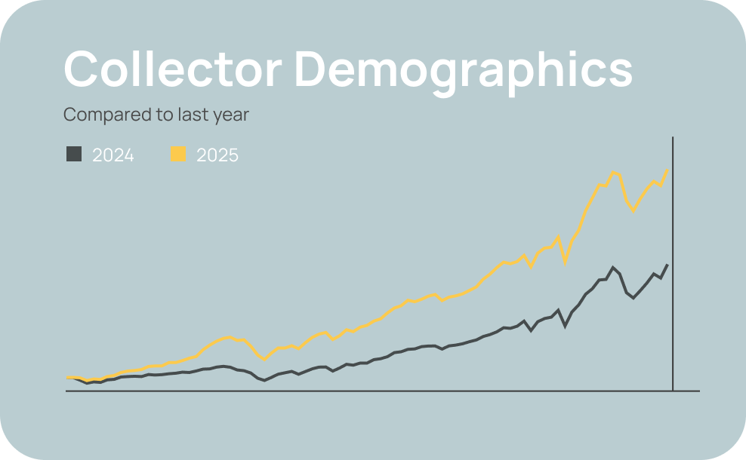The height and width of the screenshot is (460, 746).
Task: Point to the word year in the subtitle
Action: click(231, 115)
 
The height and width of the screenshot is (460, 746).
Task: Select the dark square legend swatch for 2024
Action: click(73, 155)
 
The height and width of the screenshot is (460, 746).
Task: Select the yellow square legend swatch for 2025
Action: click(177, 155)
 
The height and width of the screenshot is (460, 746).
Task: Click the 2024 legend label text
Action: click(113, 155)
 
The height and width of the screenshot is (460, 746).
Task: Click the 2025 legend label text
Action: click(217, 155)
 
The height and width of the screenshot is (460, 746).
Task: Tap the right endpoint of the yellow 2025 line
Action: click(667, 170)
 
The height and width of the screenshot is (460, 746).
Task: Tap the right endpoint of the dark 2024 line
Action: click(667, 265)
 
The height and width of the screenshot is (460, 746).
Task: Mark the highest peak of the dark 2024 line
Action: click(613, 267)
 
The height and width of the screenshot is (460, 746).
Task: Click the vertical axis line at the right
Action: click(672, 264)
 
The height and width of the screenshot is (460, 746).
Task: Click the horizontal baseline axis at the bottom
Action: click(378, 391)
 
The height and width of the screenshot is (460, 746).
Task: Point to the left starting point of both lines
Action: click(67, 378)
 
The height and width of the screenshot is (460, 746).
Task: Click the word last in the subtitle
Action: click(189, 115)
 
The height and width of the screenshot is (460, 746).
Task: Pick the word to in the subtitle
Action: click(161, 115)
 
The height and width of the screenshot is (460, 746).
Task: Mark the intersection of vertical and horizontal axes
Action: click(672, 391)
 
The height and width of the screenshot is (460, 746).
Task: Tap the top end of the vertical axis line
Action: click(672, 138)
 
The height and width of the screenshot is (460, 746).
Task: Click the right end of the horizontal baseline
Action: click(699, 391)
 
